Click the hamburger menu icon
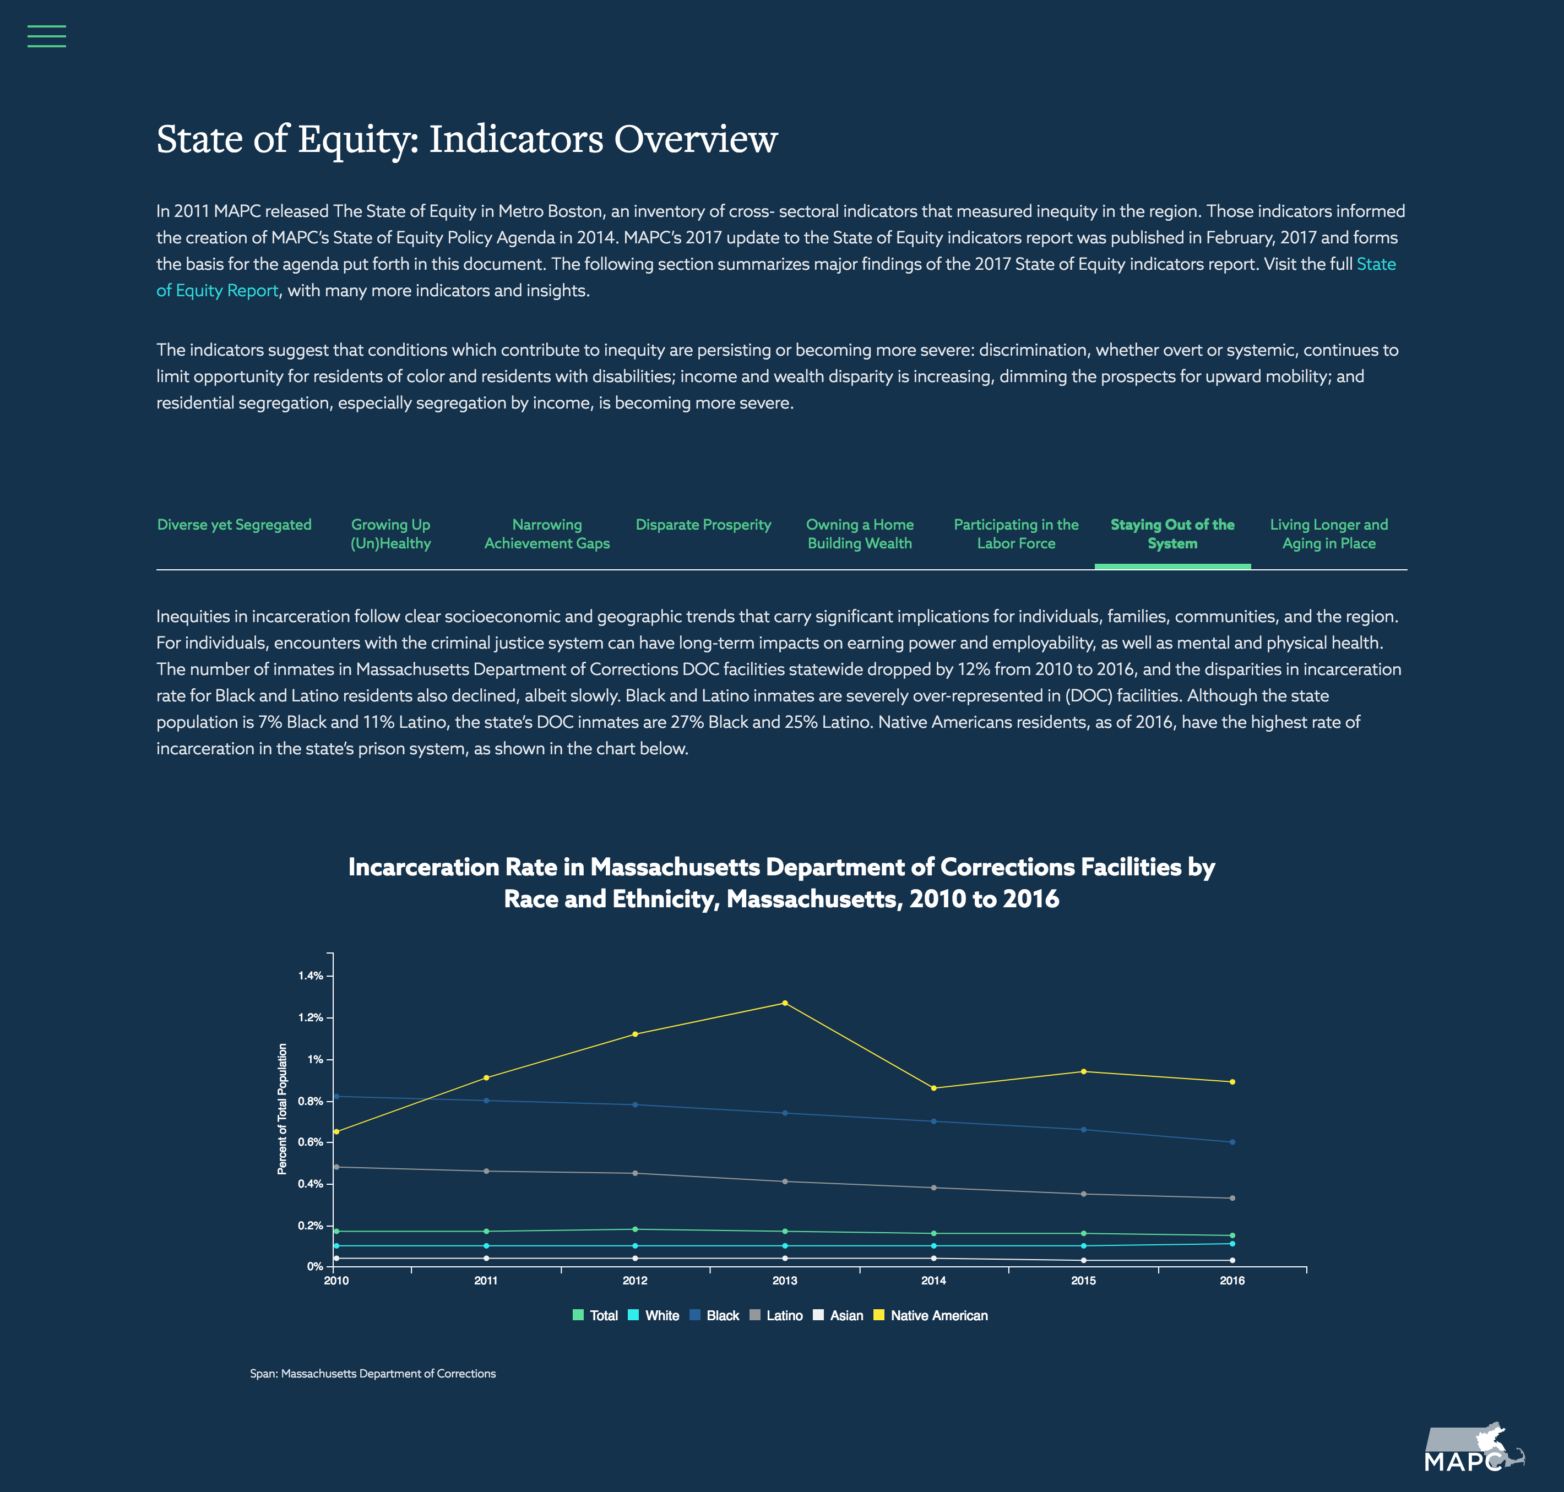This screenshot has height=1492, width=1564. (x=46, y=36)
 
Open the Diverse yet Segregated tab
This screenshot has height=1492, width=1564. (x=234, y=525)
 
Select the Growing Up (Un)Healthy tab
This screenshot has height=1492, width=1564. (x=390, y=533)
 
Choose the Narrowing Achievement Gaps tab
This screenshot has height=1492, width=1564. (x=547, y=533)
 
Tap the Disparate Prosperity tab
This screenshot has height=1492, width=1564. (x=703, y=525)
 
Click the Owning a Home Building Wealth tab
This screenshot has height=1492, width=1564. (x=860, y=533)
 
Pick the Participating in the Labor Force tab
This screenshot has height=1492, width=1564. (x=1016, y=533)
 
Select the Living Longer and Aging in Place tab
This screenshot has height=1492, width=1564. (x=1328, y=533)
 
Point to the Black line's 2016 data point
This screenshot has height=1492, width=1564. (x=1232, y=1142)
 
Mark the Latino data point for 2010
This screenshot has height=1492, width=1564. (x=336, y=1167)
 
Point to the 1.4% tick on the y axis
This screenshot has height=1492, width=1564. (x=311, y=976)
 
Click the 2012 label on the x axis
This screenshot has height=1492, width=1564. (x=635, y=1281)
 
